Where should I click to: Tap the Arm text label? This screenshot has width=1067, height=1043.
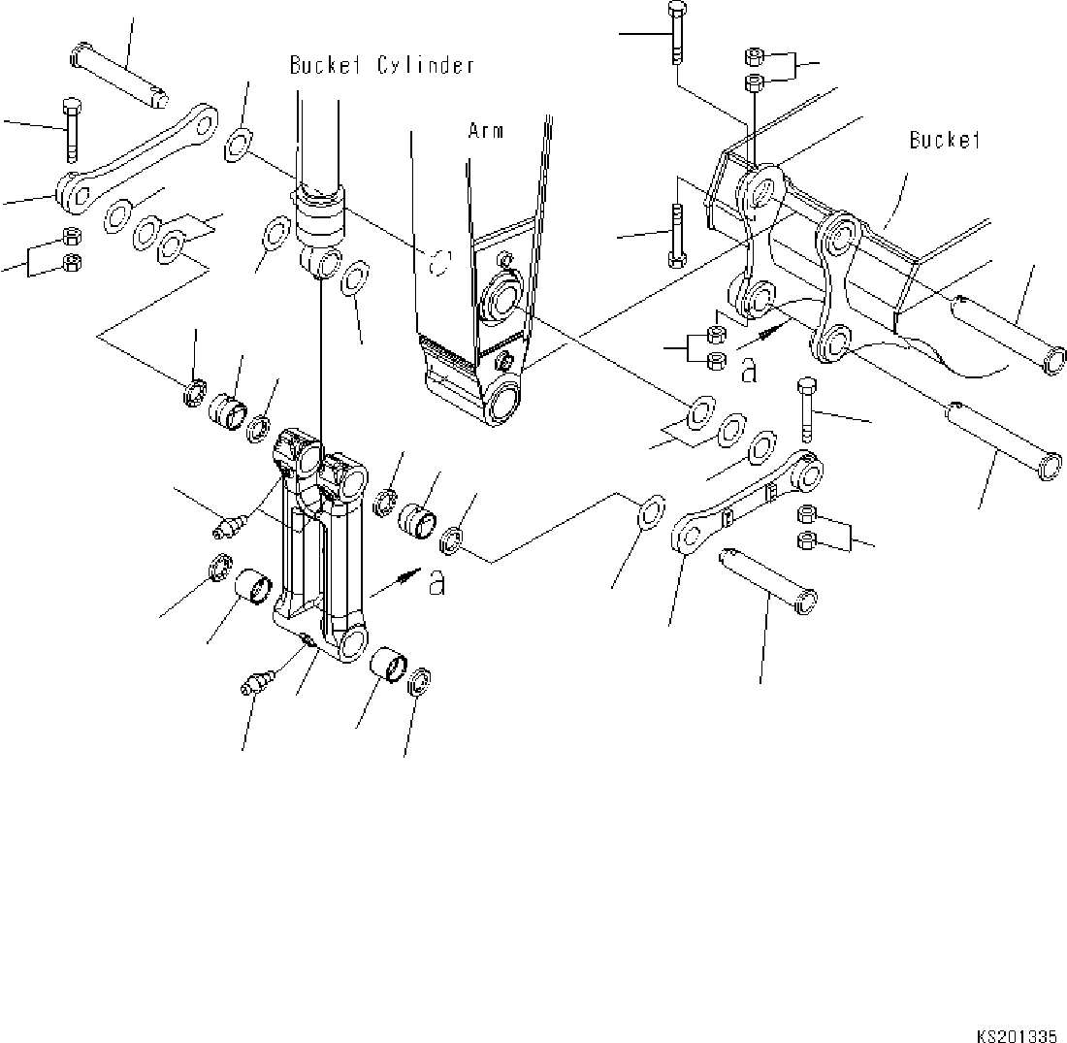486,131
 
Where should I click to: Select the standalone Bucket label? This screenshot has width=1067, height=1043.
945,141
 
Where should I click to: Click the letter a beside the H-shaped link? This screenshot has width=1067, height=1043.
437,583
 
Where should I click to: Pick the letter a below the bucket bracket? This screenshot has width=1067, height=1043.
748,370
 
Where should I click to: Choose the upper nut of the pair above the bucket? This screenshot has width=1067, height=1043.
754,56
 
